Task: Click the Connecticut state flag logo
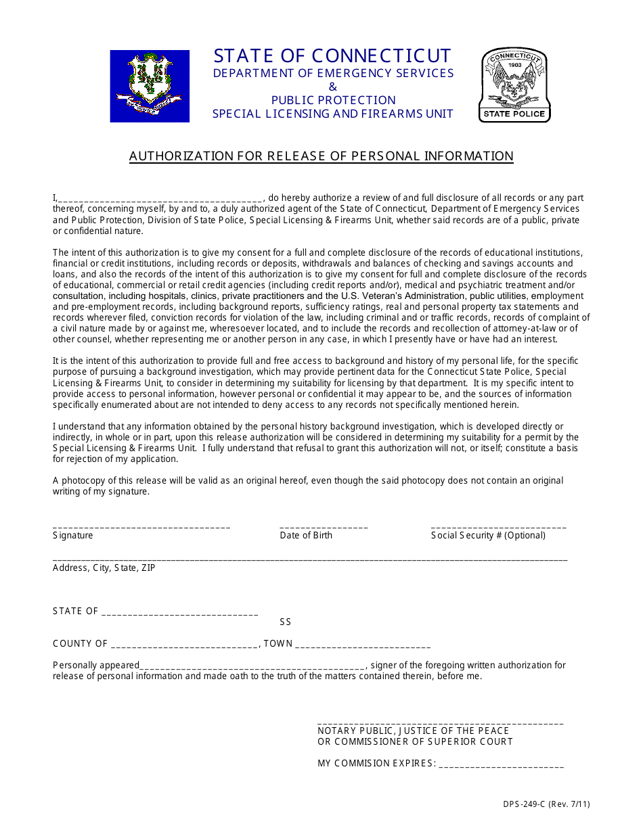click(150, 86)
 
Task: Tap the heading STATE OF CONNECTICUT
click(332, 55)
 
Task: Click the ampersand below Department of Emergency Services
click(332, 87)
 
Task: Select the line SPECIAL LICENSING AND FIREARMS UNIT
click(332, 114)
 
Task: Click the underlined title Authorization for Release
click(321, 156)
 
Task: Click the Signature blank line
click(141, 526)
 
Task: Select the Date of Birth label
click(306, 535)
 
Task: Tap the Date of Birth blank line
click(324, 526)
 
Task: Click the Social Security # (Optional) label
click(488, 535)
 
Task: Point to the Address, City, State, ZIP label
click(104, 568)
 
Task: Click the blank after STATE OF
click(179, 612)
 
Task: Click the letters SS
click(286, 622)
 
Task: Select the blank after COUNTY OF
click(184, 645)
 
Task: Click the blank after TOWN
click(363, 645)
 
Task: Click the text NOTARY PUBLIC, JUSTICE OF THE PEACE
click(413, 731)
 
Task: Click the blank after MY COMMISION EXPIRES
click(501, 764)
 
